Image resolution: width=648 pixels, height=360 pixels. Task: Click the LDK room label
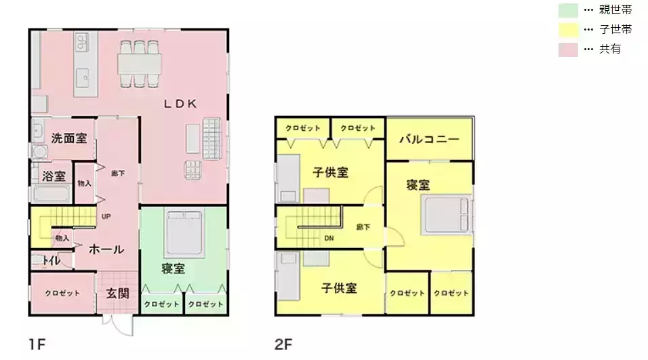(x=180, y=104)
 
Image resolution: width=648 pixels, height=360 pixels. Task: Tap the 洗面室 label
(x=69, y=138)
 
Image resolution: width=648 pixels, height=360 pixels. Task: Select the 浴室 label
(x=54, y=176)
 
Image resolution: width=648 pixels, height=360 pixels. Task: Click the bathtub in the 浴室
(x=52, y=193)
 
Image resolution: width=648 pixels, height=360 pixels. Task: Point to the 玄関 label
(x=118, y=294)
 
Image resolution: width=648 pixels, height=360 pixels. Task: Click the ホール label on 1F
(x=106, y=249)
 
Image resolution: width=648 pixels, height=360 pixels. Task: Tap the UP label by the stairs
(x=106, y=216)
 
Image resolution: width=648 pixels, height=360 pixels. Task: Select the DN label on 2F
(x=329, y=238)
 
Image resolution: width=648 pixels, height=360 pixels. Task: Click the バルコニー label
(x=429, y=139)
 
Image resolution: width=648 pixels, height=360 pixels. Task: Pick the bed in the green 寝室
(x=184, y=233)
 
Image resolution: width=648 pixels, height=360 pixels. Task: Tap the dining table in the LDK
(x=140, y=64)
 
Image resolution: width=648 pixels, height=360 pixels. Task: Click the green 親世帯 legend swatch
(x=568, y=10)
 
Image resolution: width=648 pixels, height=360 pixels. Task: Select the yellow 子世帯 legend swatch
(x=568, y=30)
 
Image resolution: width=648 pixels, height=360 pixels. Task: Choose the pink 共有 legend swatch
(x=568, y=49)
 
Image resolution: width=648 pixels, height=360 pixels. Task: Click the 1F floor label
(x=37, y=344)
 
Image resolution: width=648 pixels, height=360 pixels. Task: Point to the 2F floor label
(x=283, y=344)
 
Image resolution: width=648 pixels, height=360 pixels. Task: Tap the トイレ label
(x=52, y=260)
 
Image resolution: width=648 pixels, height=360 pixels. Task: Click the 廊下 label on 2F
(x=363, y=227)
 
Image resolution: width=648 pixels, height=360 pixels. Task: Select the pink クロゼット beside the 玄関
(x=62, y=293)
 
